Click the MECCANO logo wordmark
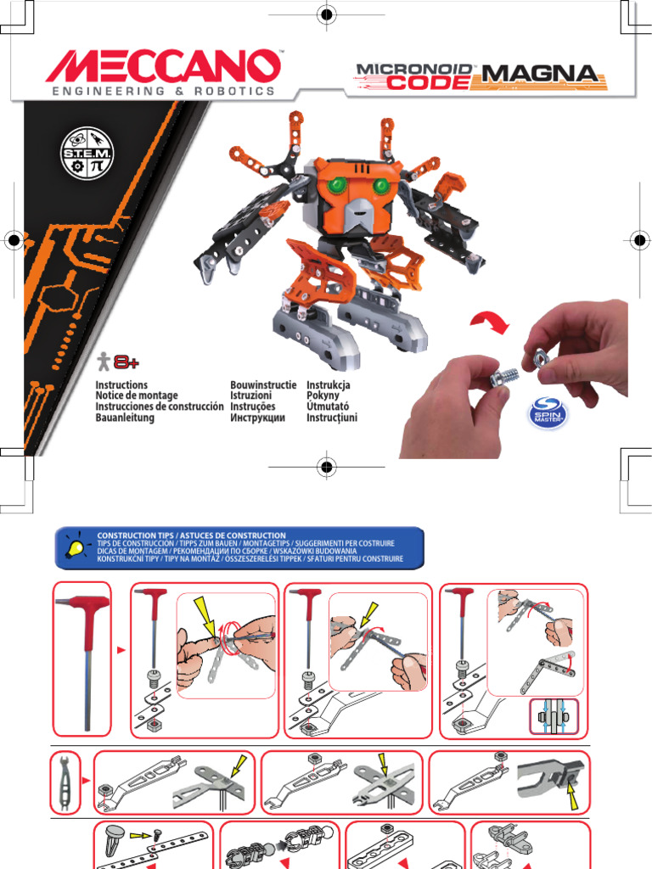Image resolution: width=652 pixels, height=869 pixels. [x=164, y=66]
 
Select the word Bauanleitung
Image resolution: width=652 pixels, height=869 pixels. [x=125, y=418]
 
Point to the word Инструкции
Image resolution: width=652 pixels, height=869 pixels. [x=257, y=418]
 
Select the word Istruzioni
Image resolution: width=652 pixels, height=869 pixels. [x=250, y=396]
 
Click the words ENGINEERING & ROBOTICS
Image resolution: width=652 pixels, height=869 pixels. [x=164, y=91]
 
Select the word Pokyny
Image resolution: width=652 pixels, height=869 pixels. [x=323, y=396]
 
